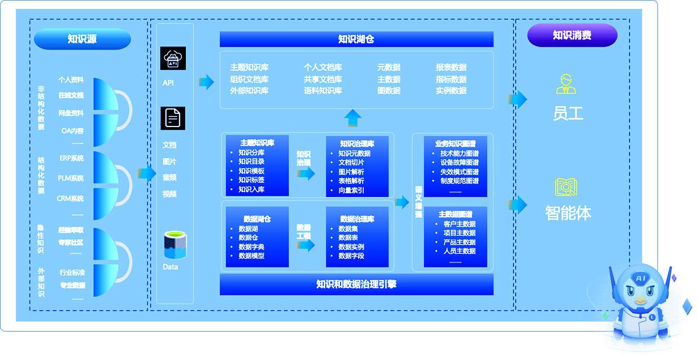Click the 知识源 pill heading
pos(82,39)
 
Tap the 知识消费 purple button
pos(572,35)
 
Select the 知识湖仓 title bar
pos(356,39)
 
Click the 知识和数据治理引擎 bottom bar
pos(356,285)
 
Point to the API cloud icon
pos(173,59)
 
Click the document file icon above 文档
pos(173,118)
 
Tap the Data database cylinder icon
pos(176,246)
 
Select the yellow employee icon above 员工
pos(566,84)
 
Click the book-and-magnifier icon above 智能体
pos(566,188)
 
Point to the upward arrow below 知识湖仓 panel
pos(353,118)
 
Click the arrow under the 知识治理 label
pos(306,174)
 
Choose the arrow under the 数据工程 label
pos(306,245)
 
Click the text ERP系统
pos(72,158)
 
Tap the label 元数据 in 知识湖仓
pos(389,67)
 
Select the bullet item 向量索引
pos(351,190)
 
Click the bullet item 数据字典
pos(251,247)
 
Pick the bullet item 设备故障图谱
pos(459,162)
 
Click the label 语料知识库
pos(323,91)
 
